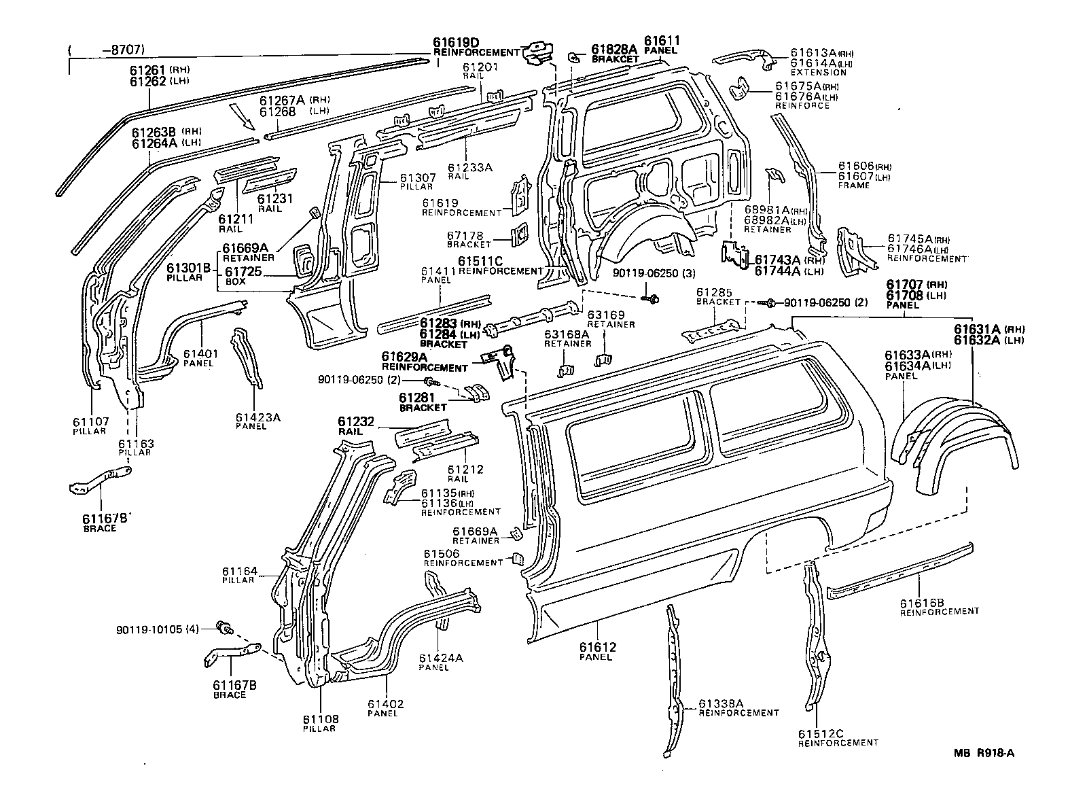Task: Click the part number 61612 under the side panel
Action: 596,646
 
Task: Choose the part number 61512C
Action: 820,733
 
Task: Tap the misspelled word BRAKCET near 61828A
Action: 615,59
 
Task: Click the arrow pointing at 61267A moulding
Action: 243,117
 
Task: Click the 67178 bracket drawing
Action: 519,233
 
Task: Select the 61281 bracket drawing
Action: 479,393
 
